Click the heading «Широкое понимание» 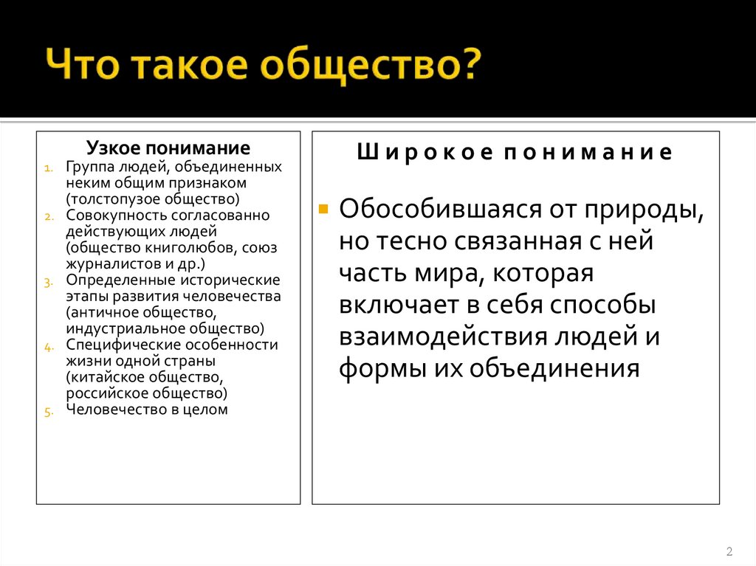(515, 153)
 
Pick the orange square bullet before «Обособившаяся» (323, 207)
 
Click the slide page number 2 (729, 551)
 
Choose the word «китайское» (103, 377)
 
